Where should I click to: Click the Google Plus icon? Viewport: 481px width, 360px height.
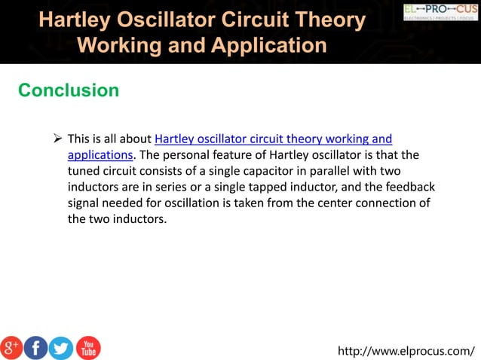tap(11, 347)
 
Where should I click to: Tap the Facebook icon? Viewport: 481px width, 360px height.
tap(35, 347)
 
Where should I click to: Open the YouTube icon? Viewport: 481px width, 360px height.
tap(87, 347)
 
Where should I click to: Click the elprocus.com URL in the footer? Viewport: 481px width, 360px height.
tap(406, 350)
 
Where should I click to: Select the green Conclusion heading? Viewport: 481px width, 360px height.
tap(69, 90)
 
